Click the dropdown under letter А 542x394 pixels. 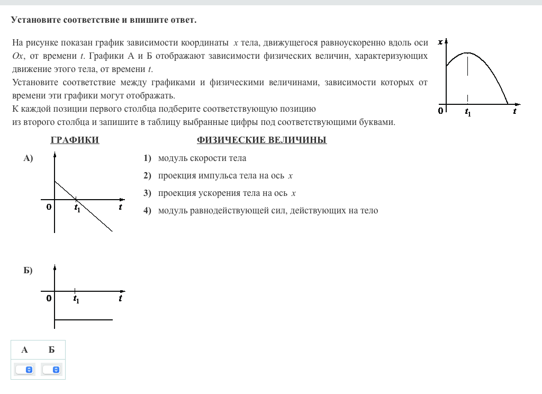click(25, 370)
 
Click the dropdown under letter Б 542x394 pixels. click(52, 370)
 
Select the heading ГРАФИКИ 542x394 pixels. click(75, 140)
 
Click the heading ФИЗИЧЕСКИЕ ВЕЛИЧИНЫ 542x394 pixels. click(261, 140)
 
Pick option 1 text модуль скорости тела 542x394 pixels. click(202, 158)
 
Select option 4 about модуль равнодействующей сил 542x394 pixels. click(268, 211)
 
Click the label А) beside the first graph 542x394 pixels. click(28, 158)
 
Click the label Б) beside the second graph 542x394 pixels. click(28, 271)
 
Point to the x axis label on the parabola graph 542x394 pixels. click(440, 41)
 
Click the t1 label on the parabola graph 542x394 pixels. click(468, 112)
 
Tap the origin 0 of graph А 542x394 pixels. click(49, 207)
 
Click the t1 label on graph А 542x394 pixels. click(77, 208)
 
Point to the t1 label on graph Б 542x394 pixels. click(77, 299)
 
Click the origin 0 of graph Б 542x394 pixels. click(49, 298)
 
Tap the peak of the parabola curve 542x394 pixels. click(467, 53)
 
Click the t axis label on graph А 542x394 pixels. click(121, 207)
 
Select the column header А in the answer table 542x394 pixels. click(24, 350)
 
